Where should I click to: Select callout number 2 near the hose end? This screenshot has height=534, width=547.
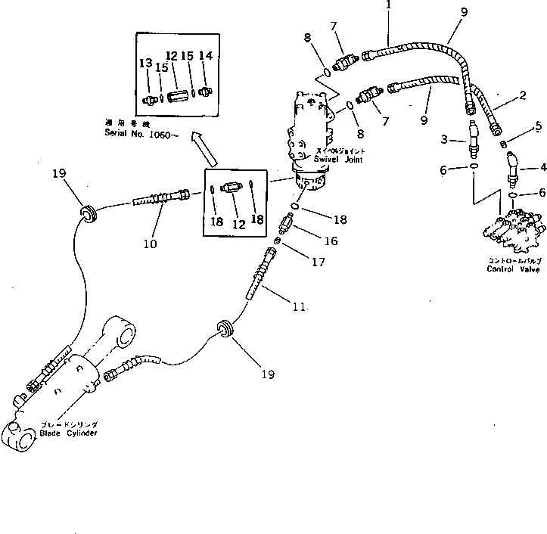(521, 96)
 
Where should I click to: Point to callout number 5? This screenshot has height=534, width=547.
(538, 126)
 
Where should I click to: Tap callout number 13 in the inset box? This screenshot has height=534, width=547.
(145, 63)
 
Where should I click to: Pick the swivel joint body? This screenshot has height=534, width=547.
(311, 136)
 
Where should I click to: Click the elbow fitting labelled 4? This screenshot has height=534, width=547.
(514, 166)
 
